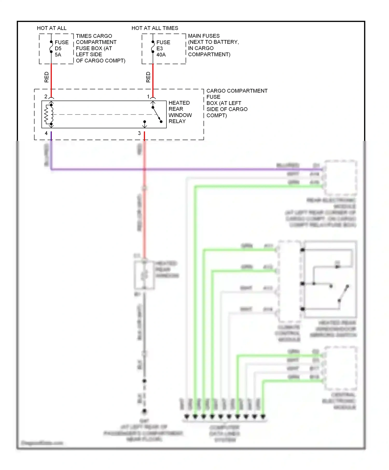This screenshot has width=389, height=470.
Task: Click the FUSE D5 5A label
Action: click(61, 48)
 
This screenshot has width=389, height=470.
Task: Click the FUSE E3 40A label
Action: click(163, 48)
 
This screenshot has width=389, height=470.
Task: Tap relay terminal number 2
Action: click(46, 97)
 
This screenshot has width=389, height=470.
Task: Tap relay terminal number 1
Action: click(148, 97)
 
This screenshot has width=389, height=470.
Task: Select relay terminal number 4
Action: click(46, 133)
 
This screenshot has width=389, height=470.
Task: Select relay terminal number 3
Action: click(139, 133)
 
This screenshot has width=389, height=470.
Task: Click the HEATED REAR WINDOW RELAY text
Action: click(180, 112)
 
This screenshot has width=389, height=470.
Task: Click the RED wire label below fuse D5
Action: click(47, 77)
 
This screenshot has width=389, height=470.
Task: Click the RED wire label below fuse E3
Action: click(148, 77)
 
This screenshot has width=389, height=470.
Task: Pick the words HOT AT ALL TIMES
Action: click(155, 28)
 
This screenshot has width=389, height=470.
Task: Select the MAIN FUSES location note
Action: click(213, 45)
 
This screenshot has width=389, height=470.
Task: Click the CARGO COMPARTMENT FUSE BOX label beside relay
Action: click(237, 103)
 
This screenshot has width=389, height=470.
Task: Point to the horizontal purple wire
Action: click(182, 169)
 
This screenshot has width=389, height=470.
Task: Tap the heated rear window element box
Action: click(144, 275)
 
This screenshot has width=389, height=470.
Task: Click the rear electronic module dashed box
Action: click(341, 178)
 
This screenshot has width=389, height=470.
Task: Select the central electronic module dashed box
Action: click(341, 368)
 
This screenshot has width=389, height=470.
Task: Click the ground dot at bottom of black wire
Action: click(144, 411)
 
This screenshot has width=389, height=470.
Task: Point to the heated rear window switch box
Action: click(330, 279)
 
